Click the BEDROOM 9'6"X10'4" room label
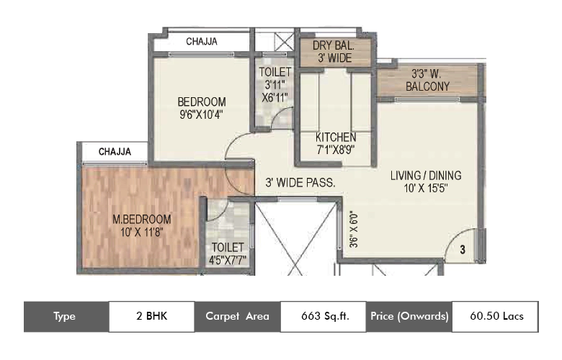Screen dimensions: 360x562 [x=202, y=107]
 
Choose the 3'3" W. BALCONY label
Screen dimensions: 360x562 [x=427, y=80]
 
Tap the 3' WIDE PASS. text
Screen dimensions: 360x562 [x=300, y=183]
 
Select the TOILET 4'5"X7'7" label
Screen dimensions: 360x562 [x=228, y=253]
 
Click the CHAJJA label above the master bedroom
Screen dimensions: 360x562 [x=115, y=151]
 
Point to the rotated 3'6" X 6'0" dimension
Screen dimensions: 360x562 [x=354, y=230]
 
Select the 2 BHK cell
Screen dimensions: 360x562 [x=151, y=316]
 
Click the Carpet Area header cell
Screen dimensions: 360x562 [x=237, y=316]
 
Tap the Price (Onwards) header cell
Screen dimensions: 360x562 [x=409, y=316]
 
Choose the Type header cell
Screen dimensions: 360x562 [x=66, y=316]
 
